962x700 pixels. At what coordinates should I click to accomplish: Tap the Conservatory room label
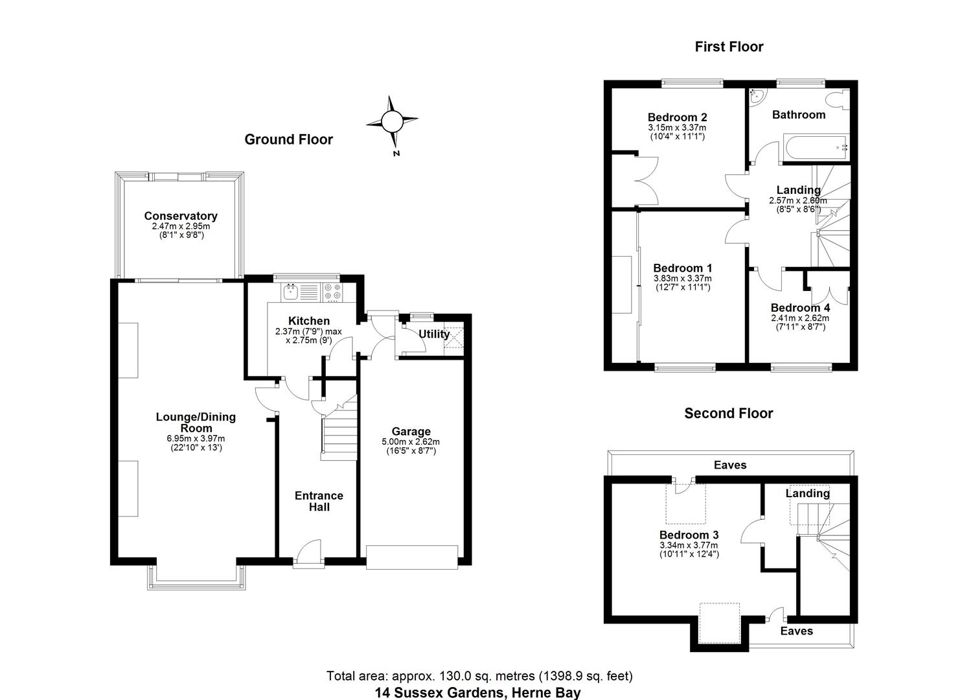[181, 216]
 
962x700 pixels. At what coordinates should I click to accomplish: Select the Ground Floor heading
[288, 139]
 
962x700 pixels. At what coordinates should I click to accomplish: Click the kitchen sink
[291, 292]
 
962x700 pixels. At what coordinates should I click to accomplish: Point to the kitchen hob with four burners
[333, 292]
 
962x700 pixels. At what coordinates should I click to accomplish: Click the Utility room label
[433, 334]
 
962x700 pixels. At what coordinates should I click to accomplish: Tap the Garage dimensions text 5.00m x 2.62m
[411, 442]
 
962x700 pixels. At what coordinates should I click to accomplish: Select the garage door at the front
[412, 557]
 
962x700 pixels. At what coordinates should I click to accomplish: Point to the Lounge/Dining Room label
[196, 423]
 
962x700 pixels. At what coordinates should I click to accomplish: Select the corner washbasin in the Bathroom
[756, 97]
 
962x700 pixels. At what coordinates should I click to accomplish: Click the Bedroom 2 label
[677, 117]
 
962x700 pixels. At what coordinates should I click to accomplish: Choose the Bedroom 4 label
[800, 308]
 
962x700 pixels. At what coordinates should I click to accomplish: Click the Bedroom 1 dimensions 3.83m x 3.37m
[682, 279]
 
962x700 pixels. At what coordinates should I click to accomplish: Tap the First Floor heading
[729, 47]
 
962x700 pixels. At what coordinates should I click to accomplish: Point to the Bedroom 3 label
[689, 535]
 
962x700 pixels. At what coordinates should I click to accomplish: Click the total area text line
[479, 676]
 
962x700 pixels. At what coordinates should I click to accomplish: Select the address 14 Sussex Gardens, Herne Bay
[478, 692]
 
